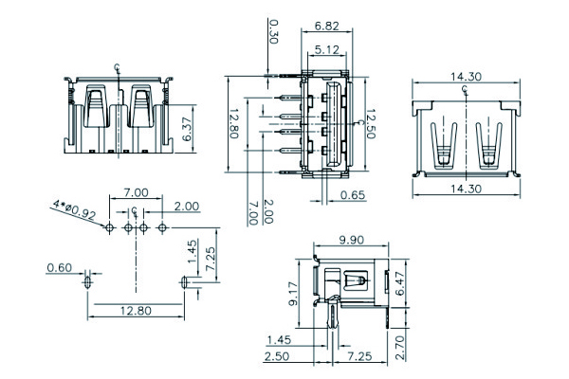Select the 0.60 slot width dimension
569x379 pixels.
[60, 269]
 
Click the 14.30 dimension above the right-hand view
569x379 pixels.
[465, 77]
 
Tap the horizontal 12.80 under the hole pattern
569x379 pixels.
[135, 310]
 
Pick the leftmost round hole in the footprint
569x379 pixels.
[110, 227]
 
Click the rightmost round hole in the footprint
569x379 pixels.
[162, 227]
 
